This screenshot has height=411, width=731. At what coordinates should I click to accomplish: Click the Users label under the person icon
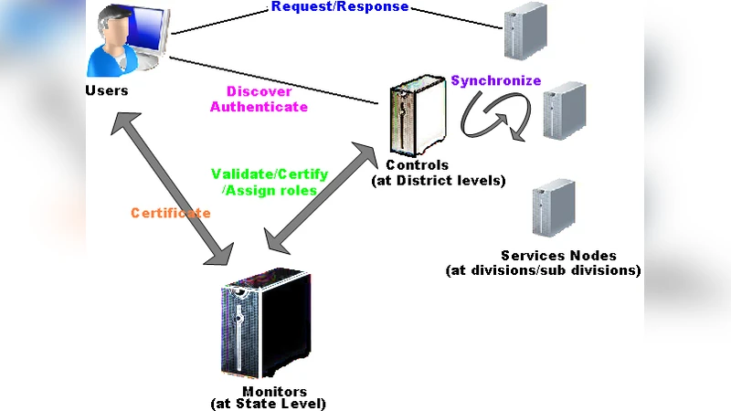coord(106,90)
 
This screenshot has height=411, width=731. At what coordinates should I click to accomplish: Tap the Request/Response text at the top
coord(340,7)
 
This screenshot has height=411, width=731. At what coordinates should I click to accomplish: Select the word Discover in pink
coord(259,91)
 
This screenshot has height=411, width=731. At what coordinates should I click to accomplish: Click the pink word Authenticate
coord(259,107)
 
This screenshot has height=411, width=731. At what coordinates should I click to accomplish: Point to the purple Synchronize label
coord(496,80)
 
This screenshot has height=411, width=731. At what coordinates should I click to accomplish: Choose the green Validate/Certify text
coord(270,174)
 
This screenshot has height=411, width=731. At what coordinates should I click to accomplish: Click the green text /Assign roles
coord(270,190)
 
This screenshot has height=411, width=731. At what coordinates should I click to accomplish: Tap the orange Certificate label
coord(170,213)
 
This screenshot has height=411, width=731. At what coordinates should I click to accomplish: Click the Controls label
coord(418,165)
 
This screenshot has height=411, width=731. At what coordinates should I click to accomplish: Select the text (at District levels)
coord(438,180)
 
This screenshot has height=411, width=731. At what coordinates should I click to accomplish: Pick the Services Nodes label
coord(558,256)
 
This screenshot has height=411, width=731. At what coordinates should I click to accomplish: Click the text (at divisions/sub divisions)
coord(543,270)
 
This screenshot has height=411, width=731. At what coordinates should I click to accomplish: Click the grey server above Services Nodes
coord(554,208)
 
